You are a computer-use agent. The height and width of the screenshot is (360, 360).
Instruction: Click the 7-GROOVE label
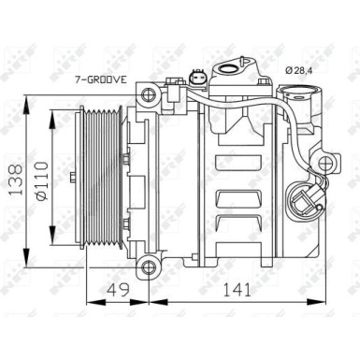102,81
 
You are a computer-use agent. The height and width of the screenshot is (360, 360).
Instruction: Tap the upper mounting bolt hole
145,94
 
